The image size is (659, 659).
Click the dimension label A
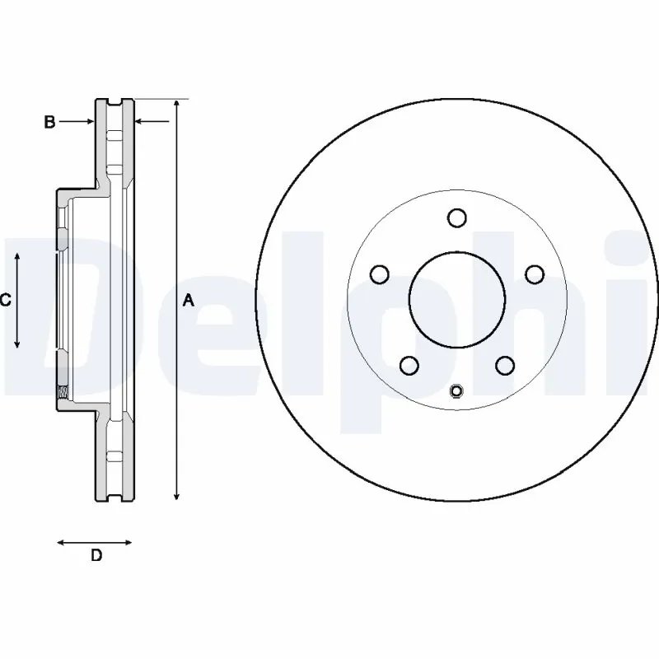(188, 301)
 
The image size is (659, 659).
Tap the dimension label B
(49, 122)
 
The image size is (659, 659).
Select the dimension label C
(5, 301)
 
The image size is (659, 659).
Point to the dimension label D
(96, 555)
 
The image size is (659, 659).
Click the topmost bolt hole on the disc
(457, 217)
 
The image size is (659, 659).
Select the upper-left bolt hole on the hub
(380, 273)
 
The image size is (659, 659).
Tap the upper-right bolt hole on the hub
(535, 273)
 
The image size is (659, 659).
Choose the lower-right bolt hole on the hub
(505, 364)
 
